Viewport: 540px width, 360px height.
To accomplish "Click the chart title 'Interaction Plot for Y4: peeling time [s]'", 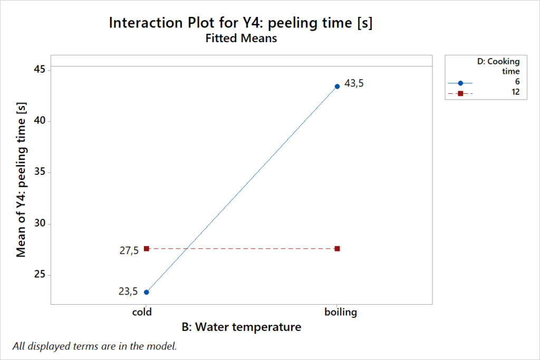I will (x=240, y=23).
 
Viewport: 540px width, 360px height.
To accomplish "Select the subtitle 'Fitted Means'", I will (x=241, y=38).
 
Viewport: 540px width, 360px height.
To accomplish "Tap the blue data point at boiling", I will (x=337, y=86).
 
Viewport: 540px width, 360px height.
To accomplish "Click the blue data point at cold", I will (x=146, y=292).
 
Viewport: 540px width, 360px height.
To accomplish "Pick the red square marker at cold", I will (x=147, y=249).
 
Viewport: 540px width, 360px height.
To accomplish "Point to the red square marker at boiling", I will (x=337, y=249).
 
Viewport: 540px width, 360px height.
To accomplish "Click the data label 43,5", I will (x=354, y=83).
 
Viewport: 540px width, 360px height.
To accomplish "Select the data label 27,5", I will (x=129, y=251).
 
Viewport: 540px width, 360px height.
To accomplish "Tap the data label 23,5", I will (x=129, y=291).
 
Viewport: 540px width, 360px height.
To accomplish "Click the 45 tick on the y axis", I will (x=40, y=70).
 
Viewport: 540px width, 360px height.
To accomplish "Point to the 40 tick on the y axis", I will (x=40, y=121).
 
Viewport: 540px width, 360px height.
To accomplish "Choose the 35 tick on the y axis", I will (x=40, y=172).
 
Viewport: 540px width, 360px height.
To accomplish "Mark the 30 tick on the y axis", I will (x=40, y=224).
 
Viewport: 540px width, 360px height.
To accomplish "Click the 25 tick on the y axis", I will (x=40, y=275).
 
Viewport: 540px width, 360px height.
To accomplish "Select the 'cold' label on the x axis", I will (x=142, y=312).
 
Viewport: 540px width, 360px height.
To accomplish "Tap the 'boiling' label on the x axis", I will (x=341, y=312).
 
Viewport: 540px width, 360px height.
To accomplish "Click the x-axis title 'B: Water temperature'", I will (x=242, y=327).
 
